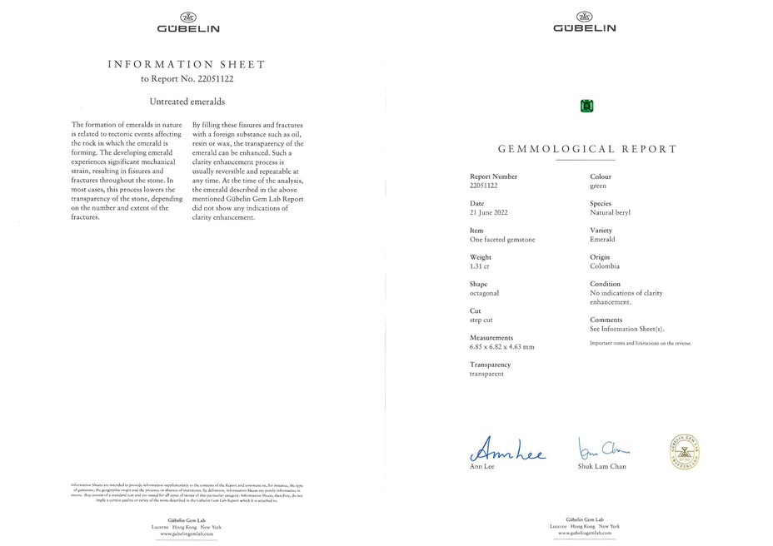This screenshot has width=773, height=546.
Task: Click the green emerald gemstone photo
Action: click(x=587, y=106)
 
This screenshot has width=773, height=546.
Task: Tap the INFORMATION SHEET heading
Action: click(x=187, y=64)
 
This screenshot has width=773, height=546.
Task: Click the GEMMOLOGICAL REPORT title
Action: click(x=587, y=149)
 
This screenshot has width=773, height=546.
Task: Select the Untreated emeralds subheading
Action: click(x=187, y=102)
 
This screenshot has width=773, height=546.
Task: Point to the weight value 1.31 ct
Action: click(x=481, y=266)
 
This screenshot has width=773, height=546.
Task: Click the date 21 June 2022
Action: click(x=488, y=213)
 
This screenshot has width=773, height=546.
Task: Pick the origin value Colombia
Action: click(x=605, y=266)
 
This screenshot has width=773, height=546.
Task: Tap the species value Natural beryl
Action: click(x=610, y=213)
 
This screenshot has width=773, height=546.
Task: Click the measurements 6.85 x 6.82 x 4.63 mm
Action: click(x=502, y=347)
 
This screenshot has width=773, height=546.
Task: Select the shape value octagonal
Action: click(x=485, y=293)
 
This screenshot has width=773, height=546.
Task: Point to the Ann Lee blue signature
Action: click(x=508, y=452)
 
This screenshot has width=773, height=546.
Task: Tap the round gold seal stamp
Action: click(x=683, y=451)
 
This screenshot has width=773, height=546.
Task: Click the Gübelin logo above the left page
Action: click(x=188, y=22)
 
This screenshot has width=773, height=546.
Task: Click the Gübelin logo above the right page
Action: click(x=585, y=22)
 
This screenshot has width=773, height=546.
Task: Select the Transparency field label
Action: click(x=490, y=365)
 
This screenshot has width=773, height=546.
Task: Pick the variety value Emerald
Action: click(x=602, y=240)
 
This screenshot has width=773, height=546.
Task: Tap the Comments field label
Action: click(x=606, y=320)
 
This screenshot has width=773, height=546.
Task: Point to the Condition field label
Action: click(x=606, y=284)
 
